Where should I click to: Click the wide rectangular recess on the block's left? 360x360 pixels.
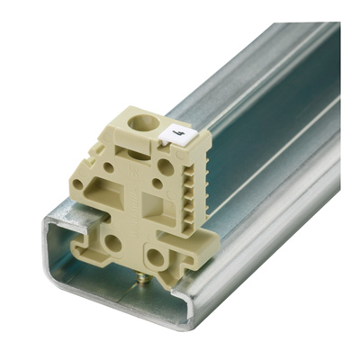[x=115, y=193]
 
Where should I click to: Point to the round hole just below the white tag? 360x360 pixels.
[x=166, y=166]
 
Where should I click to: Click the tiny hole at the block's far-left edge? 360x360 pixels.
[x=79, y=185]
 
